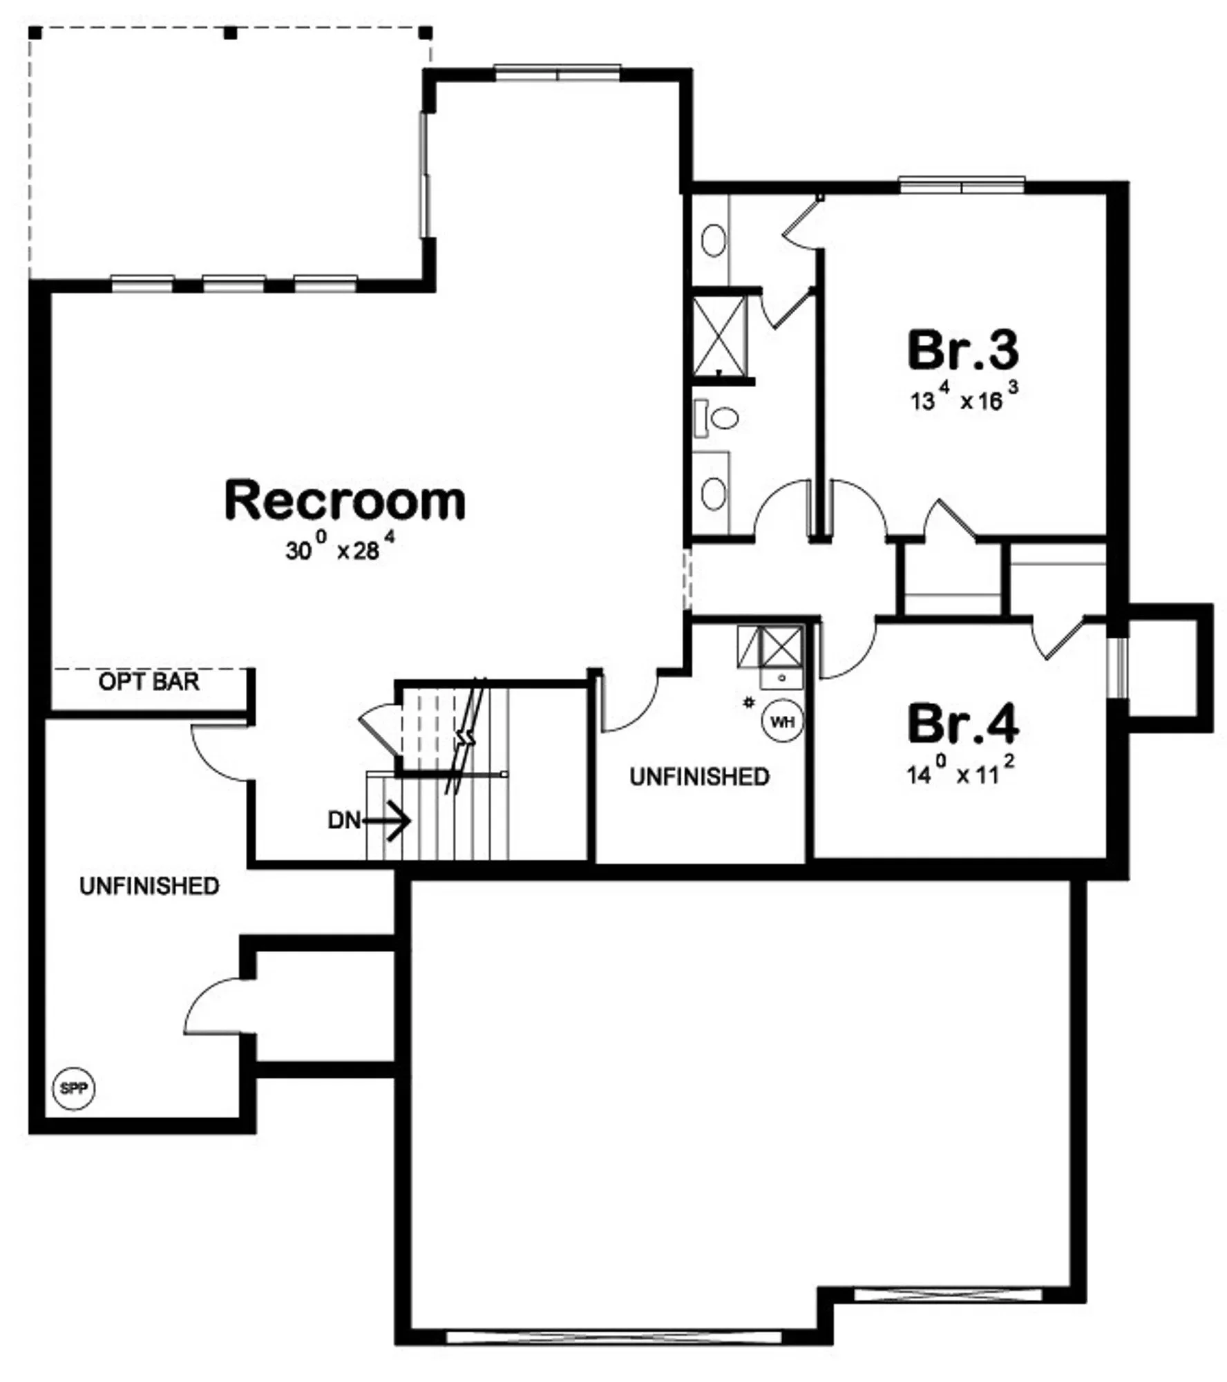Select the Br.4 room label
962,723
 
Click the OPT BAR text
149,681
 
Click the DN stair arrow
386,820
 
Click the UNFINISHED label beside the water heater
699,777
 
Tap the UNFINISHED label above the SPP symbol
149,886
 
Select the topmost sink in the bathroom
713,240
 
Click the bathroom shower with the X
719,335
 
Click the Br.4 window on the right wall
1117,668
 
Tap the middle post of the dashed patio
231,32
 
